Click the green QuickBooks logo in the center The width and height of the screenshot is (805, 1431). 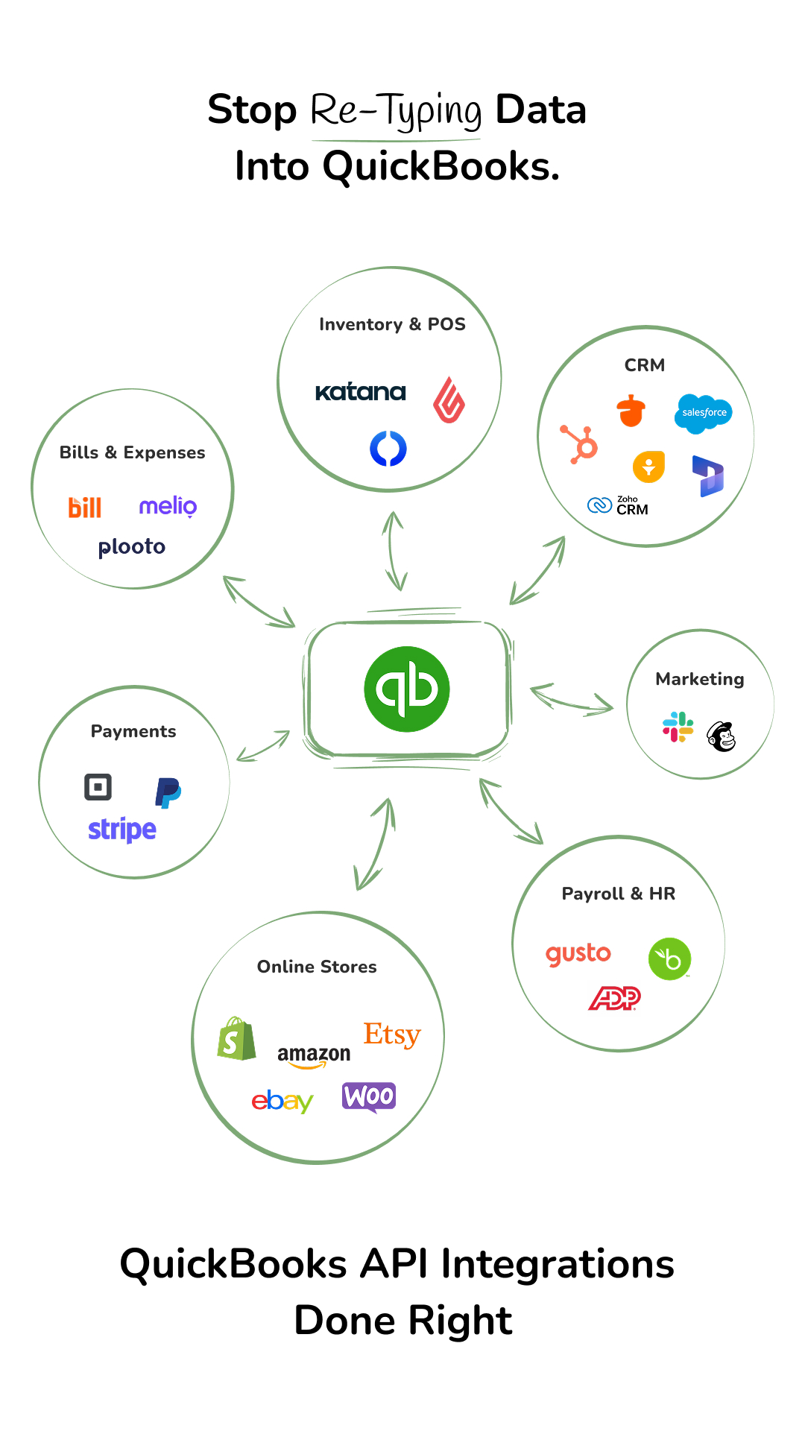(x=406, y=689)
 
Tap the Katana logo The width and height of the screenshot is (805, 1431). (x=361, y=391)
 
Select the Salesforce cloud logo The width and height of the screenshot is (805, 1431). (x=703, y=412)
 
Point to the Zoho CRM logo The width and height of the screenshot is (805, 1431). (x=618, y=505)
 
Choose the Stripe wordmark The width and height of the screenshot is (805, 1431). (x=122, y=829)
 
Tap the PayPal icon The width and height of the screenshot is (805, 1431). (x=168, y=792)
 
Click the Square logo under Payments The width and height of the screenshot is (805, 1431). (x=98, y=787)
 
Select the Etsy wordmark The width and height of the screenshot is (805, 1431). (x=392, y=1034)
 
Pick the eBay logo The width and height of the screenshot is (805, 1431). (x=282, y=1101)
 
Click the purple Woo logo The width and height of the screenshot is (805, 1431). (x=369, y=1096)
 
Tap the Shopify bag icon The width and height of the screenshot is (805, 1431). (x=236, y=1038)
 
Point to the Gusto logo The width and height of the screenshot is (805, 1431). (x=578, y=954)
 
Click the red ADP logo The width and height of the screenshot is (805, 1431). (x=615, y=997)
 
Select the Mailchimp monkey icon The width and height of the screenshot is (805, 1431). (x=722, y=736)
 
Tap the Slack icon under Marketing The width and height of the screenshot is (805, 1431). (x=678, y=727)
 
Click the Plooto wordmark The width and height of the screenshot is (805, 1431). (x=132, y=547)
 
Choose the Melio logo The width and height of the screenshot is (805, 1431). (x=168, y=506)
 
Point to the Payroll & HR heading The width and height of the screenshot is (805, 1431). (x=618, y=894)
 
